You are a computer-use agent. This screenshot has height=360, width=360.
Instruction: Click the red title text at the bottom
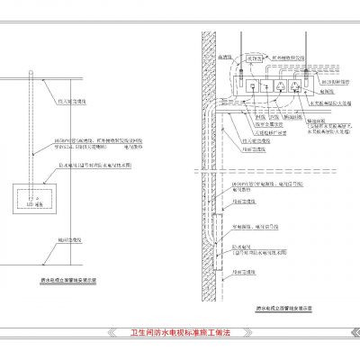(x=180, y=333)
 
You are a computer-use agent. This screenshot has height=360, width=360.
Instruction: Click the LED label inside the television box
(x=30, y=205)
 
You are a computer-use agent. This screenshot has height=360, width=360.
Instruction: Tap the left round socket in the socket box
(x=279, y=86)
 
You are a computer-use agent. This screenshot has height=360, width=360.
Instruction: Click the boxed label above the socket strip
(x=256, y=58)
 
